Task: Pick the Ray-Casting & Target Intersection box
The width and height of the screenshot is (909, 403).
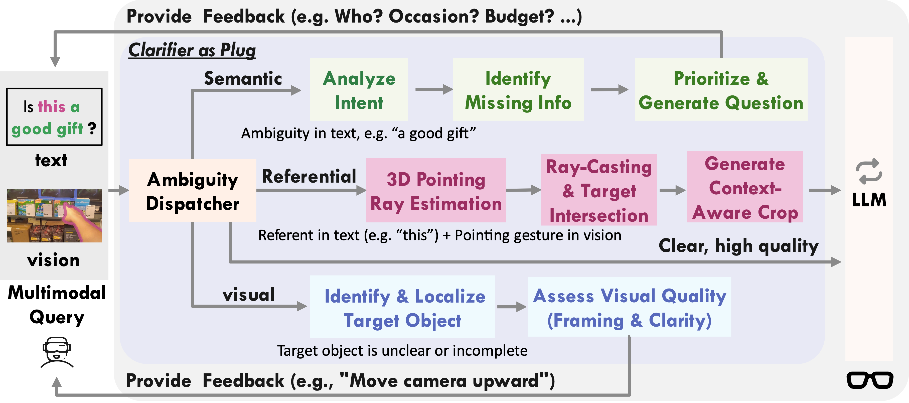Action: point(599,190)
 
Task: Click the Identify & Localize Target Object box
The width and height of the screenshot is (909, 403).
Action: point(402,307)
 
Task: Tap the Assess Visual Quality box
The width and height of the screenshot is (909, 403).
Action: point(629,307)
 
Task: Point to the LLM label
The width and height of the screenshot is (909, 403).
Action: point(869,200)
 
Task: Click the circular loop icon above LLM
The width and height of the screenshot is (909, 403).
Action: point(869,171)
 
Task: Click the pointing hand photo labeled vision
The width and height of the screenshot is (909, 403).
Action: point(54,216)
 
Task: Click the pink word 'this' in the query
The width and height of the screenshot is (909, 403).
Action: point(52,106)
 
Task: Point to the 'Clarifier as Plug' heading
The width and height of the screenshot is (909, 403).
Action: point(192,50)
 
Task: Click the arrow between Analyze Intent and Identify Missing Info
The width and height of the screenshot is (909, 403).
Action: point(434,89)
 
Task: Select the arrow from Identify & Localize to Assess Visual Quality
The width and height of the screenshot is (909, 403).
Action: point(512,307)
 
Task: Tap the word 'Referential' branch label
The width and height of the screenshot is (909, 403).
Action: point(309,176)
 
